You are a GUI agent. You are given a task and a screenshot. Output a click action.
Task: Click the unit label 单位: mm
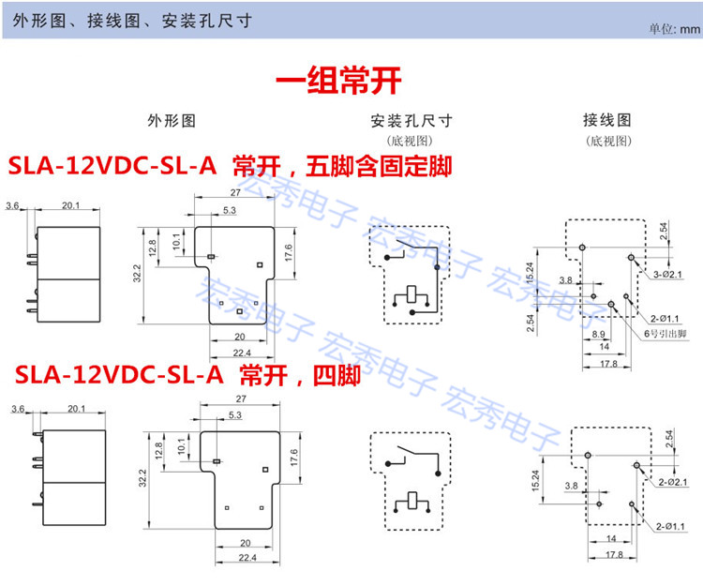(x=674, y=29)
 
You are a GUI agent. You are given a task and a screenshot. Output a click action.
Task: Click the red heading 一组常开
(x=338, y=81)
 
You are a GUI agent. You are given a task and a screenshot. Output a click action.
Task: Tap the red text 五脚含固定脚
(x=379, y=166)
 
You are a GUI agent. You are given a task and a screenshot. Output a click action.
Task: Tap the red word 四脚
(x=337, y=375)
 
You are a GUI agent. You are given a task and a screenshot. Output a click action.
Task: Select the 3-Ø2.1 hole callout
(x=667, y=275)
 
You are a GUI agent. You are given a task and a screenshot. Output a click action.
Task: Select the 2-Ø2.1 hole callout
(x=672, y=482)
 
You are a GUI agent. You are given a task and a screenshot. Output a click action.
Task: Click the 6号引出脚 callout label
(x=665, y=333)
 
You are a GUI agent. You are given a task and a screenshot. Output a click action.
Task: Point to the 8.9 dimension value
(x=598, y=334)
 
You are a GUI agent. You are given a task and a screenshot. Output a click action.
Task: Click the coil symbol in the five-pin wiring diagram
(x=411, y=296)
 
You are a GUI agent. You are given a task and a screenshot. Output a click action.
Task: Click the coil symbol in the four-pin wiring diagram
(x=411, y=502)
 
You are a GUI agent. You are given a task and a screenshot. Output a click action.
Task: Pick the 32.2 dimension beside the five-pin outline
(x=137, y=273)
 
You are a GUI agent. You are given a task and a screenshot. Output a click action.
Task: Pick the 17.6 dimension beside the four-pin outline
(x=294, y=458)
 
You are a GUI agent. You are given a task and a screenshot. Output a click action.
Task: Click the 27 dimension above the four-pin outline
(x=241, y=398)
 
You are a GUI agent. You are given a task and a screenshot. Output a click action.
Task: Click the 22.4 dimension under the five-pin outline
(x=242, y=353)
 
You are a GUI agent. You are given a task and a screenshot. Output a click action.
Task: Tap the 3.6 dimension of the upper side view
(x=12, y=205)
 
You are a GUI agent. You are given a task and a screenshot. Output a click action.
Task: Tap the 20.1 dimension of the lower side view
(x=76, y=409)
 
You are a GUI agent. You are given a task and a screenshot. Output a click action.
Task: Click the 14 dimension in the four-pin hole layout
(x=611, y=538)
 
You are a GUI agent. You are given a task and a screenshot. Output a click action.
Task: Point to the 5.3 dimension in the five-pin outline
(x=229, y=210)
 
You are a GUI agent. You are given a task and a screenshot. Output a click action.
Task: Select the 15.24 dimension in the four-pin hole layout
(x=536, y=481)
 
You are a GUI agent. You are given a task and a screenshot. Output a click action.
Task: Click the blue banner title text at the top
(x=132, y=21)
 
